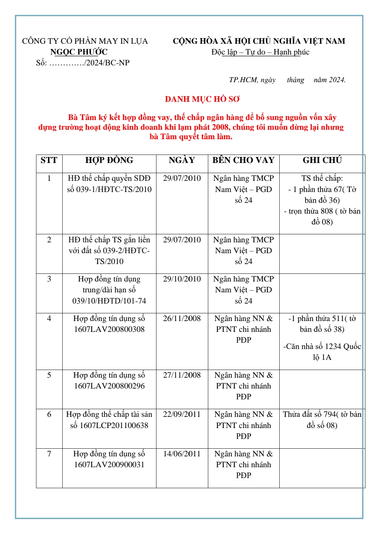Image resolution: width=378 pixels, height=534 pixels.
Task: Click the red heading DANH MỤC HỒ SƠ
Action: click(x=202, y=99)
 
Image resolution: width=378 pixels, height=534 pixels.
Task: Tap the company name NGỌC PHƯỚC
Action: click(x=79, y=52)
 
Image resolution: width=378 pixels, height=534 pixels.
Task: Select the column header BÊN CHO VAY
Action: click(x=243, y=160)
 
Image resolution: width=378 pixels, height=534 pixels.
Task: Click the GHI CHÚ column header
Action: click(x=322, y=160)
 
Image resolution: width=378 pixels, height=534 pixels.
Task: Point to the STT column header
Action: click(x=49, y=160)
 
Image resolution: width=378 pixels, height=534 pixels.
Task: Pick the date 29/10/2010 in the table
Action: click(x=182, y=279)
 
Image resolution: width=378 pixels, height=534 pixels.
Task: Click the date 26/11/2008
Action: click(x=182, y=319)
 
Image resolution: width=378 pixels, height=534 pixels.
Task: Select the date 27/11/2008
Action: click(x=182, y=375)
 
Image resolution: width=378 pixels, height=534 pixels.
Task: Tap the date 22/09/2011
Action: click(x=182, y=414)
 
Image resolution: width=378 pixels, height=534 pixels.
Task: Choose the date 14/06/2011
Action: click(x=182, y=454)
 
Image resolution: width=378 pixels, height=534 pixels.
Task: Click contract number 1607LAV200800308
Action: click(x=109, y=329)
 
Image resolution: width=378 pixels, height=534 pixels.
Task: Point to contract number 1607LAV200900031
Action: click(x=109, y=465)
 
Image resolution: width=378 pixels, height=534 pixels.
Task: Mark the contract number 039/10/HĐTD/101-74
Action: click(x=109, y=301)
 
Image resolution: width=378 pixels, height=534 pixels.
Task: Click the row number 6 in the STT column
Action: click(x=49, y=414)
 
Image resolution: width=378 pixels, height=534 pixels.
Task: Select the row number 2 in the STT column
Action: click(x=49, y=240)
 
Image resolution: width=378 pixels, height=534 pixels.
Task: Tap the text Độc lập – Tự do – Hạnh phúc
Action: click(x=260, y=52)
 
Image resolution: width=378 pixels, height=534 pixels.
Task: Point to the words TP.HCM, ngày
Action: click(x=252, y=80)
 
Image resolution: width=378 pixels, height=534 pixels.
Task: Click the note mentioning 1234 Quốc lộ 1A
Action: click(x=322, y=352)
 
